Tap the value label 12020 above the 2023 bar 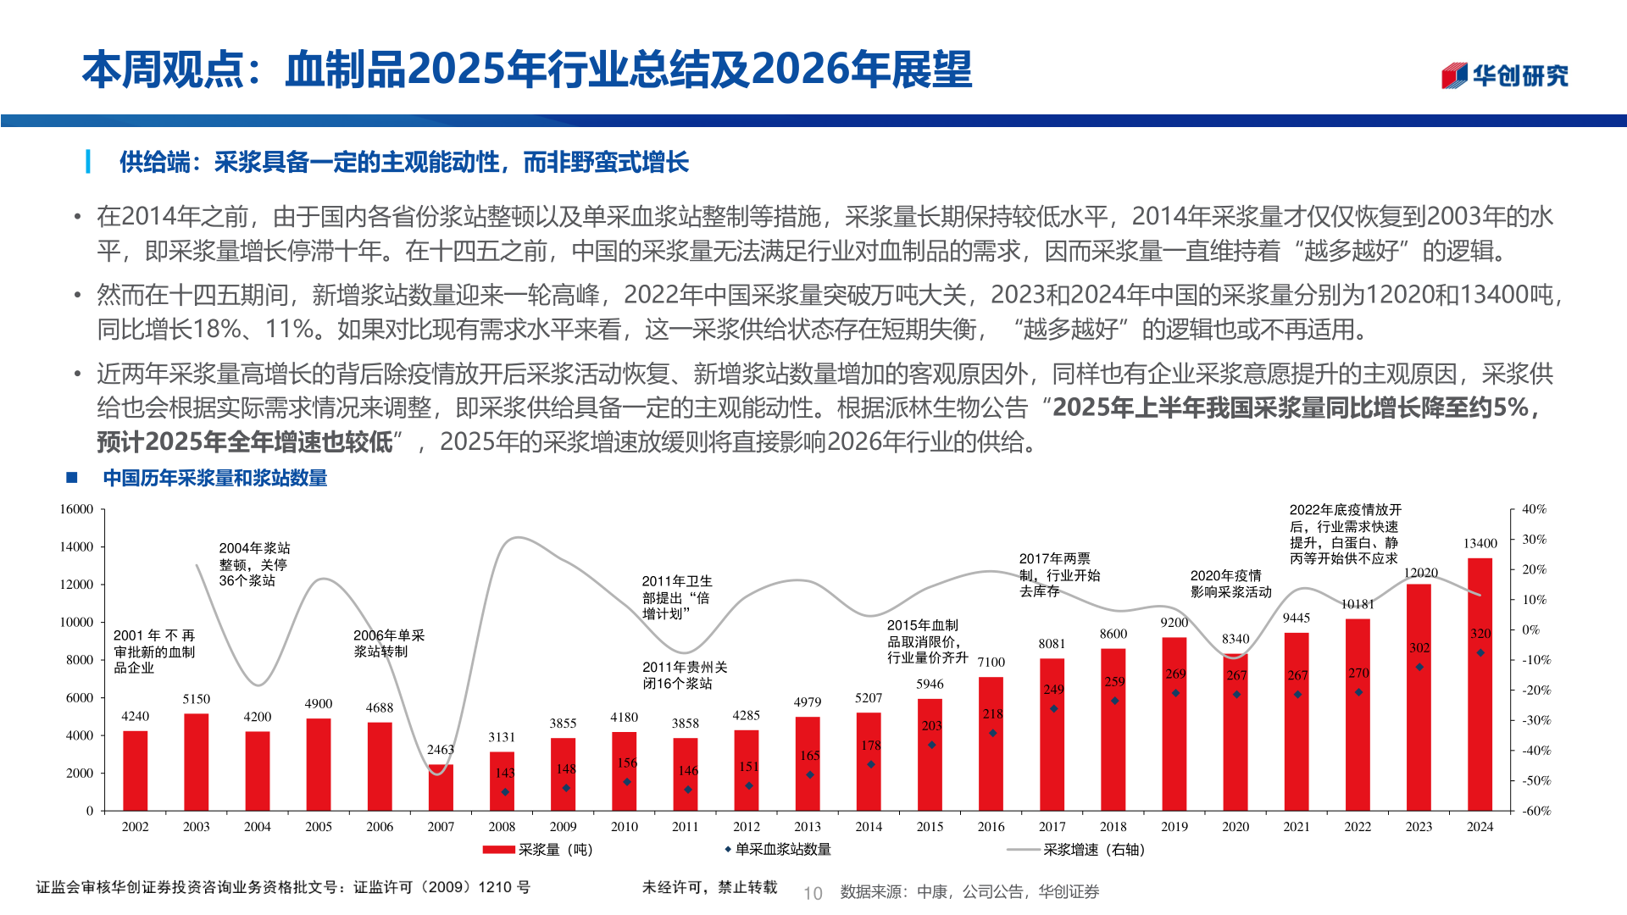click(1420, 574)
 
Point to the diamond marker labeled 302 click(1419, 667)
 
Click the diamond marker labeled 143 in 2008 click(505, 792)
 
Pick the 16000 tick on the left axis click(76, 509)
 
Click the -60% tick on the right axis click(1536, 811)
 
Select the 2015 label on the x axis click(930, 827)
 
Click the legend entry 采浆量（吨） click(537, 850)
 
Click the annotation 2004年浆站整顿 click(254, 564)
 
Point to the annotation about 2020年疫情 click(1230, 584)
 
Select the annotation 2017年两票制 click(1059, 575)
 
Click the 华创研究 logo click(1505, 76)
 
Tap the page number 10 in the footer click(813, 893)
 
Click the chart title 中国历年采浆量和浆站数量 click(215, 479)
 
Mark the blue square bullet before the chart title click(72, 478)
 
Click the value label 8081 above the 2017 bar click(1052, 644)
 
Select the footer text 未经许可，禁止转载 click(709, 887)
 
